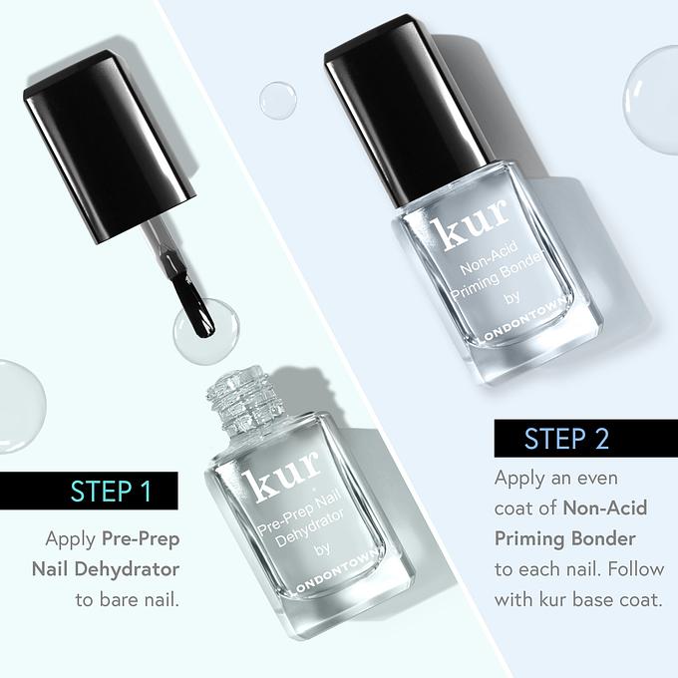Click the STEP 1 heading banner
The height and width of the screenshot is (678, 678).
[89, 491]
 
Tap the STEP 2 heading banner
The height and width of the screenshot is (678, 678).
[586, 438]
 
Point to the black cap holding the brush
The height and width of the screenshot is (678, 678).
[111, 147]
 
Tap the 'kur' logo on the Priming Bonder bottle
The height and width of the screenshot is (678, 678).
[470, 224]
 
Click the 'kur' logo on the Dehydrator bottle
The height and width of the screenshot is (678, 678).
[281, 477]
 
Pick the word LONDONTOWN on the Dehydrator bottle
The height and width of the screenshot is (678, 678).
[334, 572]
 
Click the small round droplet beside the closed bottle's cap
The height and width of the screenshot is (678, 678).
[277, 101]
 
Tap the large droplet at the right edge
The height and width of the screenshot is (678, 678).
[652, 101]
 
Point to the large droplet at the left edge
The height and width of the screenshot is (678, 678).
[21, 407]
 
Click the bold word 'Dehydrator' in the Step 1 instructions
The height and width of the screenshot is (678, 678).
[127, 569]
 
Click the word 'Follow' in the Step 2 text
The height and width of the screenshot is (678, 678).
[636, 569]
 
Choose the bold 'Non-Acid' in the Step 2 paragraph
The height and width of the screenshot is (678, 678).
[605, 508]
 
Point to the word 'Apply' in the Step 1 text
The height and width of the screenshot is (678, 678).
[71, 540]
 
